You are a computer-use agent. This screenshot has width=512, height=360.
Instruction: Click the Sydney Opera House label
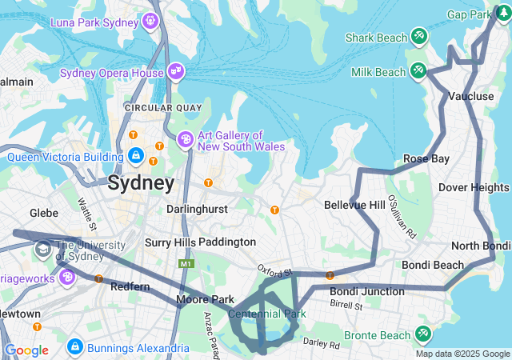coord(112,73)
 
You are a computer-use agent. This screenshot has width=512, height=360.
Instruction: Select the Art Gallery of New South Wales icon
coord(185,140)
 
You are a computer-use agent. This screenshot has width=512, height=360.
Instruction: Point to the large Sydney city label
coord(141,183)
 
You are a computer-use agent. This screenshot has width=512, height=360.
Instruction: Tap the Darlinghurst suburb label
coord(196,209)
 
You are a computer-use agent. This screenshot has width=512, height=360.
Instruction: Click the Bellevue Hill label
coord(354,206)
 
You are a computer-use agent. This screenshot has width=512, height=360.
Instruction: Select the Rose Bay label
coord(426,158)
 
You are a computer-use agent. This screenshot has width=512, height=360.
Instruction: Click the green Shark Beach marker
coord(418,37)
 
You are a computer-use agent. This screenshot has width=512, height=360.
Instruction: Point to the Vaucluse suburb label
coord(470,96)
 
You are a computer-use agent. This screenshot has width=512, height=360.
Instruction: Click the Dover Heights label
coord(474,187)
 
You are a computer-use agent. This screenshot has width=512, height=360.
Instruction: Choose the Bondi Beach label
coord(432,265)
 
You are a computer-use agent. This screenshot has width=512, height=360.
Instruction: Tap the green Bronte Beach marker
coord(422,334)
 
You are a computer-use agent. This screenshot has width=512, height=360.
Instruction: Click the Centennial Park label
coord(266,314)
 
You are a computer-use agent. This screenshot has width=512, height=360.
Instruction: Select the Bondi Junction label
coord(367,291)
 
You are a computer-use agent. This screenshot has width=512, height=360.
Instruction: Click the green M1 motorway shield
coord(186,263)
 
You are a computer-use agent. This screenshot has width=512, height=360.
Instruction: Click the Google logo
coord(26,350)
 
